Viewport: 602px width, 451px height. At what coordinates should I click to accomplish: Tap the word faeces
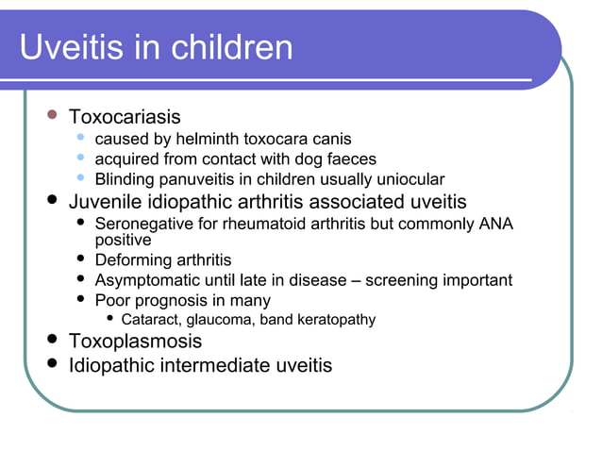(x=351, y=159)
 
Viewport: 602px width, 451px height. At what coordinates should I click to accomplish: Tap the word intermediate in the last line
(x=197, y=364)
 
